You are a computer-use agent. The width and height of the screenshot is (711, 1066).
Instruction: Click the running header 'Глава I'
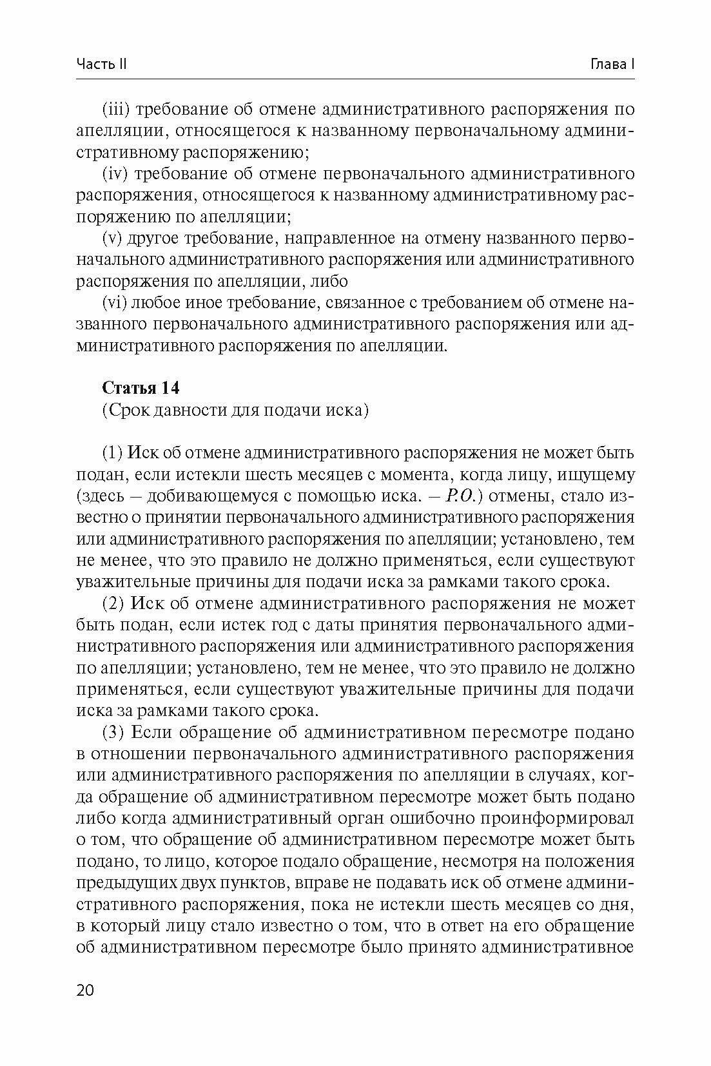tap(612, 64)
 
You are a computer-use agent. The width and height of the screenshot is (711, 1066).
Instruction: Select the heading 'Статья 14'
tap(141, 389)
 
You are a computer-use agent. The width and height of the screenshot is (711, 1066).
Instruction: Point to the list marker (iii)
tap(116, 110)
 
